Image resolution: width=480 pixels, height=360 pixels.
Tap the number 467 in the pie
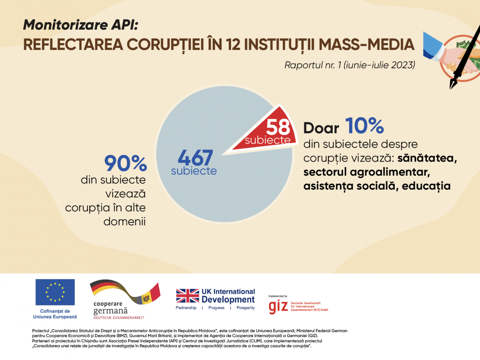click(195, 158)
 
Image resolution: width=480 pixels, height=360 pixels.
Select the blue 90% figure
click(126, 164)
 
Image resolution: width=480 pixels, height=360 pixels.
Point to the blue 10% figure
click(364, 126)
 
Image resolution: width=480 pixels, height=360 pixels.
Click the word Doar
click(321, 128)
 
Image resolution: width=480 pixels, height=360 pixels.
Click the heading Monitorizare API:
click(80, 25)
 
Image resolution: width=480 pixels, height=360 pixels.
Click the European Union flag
click(55, 292)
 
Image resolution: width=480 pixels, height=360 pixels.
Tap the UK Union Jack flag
click(188, 296)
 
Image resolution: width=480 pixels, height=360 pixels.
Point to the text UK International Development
click(228, 296)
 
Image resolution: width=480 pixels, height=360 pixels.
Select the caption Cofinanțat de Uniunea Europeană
click(55, 314)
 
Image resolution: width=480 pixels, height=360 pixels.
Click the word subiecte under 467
click(194, 171)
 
